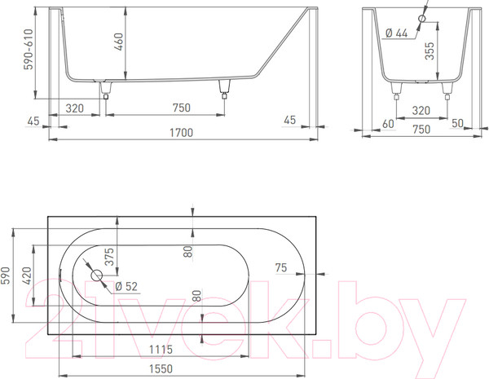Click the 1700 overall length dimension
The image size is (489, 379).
pyautogui.click(x=181, y=133)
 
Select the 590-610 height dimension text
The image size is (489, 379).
pyautogui.click(x=29, y=49)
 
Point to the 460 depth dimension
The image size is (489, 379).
pyautogui.click(x=119, y=42)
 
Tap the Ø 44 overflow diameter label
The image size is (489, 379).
pyautogui.click(x=396, y=33)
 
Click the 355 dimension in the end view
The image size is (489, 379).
pyautogui.click(x=430, y=51)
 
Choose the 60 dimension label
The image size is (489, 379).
pyautogui.click(x=388, y=124)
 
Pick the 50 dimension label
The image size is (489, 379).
pyautogui.click(x=457, y=123)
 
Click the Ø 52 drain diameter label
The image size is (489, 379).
pyautogui.click(x=126, y=286)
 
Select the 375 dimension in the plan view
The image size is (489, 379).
pyautogui.click(x=109, y=257)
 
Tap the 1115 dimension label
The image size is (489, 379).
pyautogui.click(x=161, y=350)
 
